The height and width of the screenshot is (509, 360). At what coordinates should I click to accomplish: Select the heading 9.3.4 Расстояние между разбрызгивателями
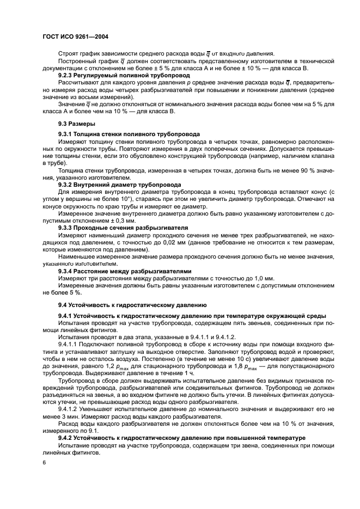coord(125,271)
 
